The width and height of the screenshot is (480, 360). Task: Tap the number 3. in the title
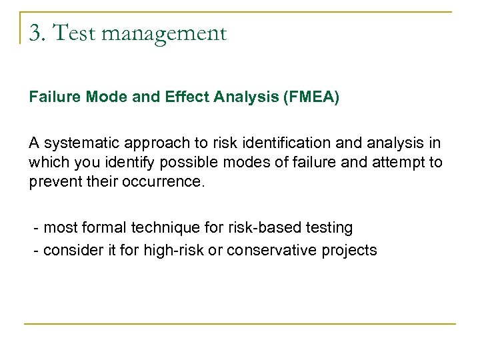tap(37, 32)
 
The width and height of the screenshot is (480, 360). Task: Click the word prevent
tap(53, 181)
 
